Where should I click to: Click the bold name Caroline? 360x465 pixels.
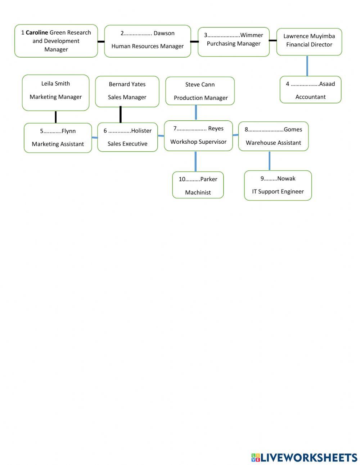(37, 32)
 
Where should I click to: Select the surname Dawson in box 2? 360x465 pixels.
(164, 33)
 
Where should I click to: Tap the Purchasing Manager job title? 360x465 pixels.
(234, 44)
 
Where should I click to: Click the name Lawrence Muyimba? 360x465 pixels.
(309, 36)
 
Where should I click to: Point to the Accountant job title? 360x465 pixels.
(310, 97)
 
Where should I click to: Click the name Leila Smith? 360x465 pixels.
(55, 84)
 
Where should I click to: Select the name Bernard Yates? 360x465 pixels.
(127, 84)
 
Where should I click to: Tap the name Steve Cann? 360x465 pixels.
(200, 85)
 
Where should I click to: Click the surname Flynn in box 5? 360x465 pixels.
(68, 131)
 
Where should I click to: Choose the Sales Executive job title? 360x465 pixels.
(127, 144)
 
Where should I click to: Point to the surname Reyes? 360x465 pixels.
(216, 129)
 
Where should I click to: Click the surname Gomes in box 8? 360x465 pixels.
(293, 130)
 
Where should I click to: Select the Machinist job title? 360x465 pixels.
(198, 192)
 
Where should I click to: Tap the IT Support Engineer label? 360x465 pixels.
(278, 192)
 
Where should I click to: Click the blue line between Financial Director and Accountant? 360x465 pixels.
(307, 66)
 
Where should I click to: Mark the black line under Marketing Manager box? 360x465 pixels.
(55, 117)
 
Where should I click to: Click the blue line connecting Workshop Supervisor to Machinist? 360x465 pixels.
(195, 161)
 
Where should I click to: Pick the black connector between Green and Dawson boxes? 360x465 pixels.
(101, 41)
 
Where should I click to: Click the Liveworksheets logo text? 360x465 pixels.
(309, 457)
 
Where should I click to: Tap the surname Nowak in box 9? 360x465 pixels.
(286, 179)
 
